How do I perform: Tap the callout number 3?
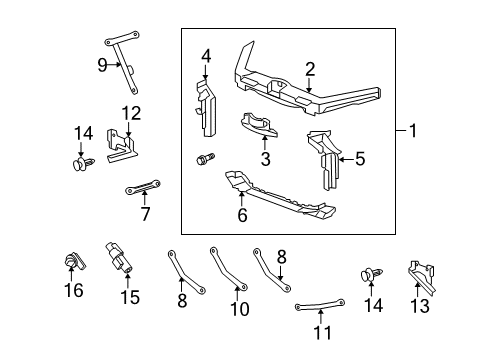[265, 158]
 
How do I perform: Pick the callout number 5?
[360, 156]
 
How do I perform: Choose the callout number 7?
[145, 213]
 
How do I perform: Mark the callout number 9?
[102, 66]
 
